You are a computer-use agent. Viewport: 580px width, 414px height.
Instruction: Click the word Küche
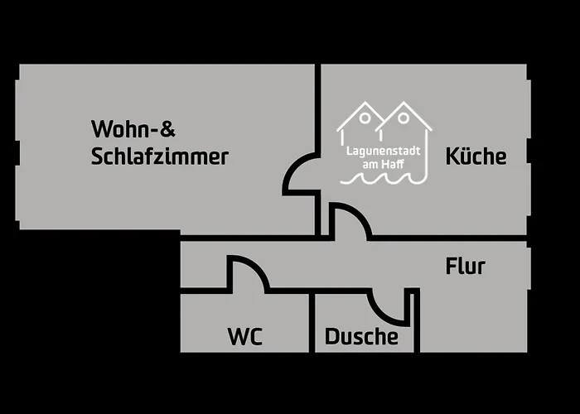[476, 156]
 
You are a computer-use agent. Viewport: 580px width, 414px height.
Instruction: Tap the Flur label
[465, 267]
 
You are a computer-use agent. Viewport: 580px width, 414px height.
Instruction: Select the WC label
[245, 337]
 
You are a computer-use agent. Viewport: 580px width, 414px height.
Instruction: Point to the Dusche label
[361, 337]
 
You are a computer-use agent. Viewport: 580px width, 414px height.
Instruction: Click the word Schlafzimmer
[160, 156]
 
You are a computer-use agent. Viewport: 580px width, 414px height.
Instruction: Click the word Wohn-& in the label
[133, 129]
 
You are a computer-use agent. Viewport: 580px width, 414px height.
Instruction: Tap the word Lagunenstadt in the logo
[383, 152]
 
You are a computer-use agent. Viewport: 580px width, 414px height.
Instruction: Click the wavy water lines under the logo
[383, 178]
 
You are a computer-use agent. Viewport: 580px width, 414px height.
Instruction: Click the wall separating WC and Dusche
[312, 323]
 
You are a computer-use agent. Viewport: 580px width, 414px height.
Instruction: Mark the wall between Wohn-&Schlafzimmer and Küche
[317, 108]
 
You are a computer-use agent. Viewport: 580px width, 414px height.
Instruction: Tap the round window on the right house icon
[404, 118]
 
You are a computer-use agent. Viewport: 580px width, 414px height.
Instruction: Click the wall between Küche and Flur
[447, 238]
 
